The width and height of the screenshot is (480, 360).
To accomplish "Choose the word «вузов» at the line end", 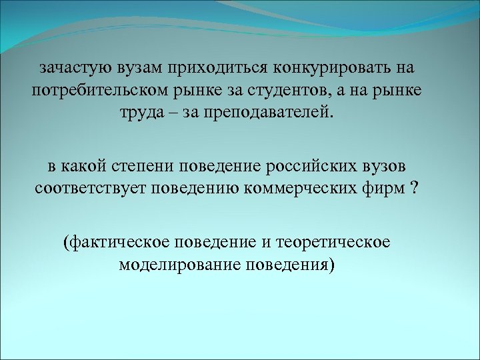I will click(x=385, y=165).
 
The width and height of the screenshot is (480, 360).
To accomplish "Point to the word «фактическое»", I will click(x=111, y=242).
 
